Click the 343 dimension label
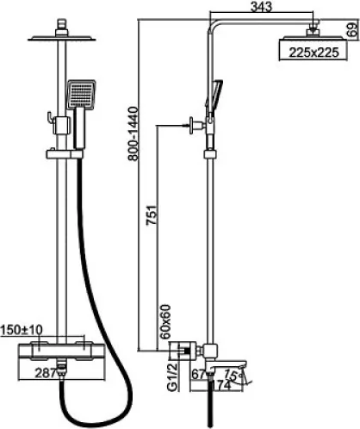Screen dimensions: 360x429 pos(261,7)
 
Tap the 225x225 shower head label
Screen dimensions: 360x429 pos(313,53)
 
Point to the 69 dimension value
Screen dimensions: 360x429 pos(353,29)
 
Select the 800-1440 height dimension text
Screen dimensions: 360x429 pos(133,134)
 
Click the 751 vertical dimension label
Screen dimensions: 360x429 pos(152,215)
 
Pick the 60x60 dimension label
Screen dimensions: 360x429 pos(165,321)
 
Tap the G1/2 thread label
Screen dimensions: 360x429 pos(172,376)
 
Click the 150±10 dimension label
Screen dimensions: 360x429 pos(22,330)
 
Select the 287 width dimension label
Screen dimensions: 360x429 pos(46,373)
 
